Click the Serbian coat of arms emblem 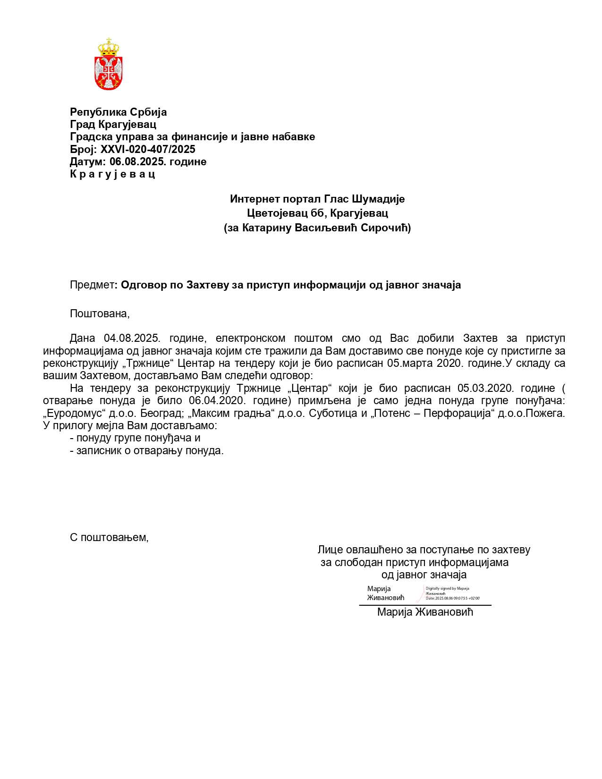coord(109,64)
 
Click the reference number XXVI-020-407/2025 coord(148,149)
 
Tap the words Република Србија coord(118,112)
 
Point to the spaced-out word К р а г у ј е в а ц coord(112,174)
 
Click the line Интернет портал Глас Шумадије coord(317,199)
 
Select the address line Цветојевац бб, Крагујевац coord(317,213)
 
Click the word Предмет coord(92,285)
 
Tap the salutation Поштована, coord(100,313)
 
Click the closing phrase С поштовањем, coord(109,537)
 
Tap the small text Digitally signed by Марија coord(447,588)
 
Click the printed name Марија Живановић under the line coord(425,612)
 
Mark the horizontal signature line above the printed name coord(425,605)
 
